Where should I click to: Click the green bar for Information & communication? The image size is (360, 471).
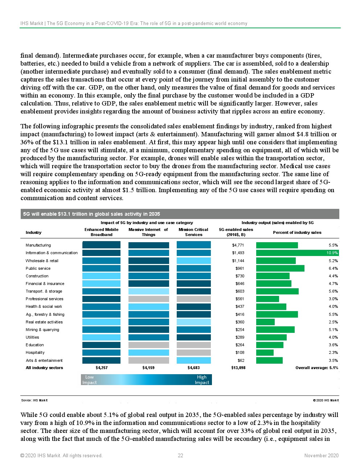[297, 253]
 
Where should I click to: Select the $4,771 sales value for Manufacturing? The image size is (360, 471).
[238, 245]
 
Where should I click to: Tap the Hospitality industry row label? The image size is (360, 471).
[35, 352]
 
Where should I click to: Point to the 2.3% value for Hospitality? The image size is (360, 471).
[333, 352]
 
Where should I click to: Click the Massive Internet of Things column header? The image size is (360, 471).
[148, 232]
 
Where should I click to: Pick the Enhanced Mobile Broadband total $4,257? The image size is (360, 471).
[102, 368]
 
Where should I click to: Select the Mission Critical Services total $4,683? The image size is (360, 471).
[193, 368]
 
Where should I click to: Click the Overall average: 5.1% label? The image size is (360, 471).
[317, 368]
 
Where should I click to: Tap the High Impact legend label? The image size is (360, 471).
[202, 380]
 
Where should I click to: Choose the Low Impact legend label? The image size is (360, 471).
[89, 380]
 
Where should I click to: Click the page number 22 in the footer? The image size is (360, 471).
[180, 456]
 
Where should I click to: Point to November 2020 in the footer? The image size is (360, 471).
[321, 456]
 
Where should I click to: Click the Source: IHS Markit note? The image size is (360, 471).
[34, 400]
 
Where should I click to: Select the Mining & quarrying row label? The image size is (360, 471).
[42, 330]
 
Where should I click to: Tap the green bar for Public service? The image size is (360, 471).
[280, 268]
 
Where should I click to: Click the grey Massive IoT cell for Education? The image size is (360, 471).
[149, 345]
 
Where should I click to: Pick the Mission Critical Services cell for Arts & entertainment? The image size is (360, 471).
[194, 360]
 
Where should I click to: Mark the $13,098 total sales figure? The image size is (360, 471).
[238, 368]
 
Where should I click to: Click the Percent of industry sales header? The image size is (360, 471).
[297, 232]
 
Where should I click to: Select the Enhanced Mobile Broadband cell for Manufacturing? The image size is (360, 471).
[102, 245]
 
